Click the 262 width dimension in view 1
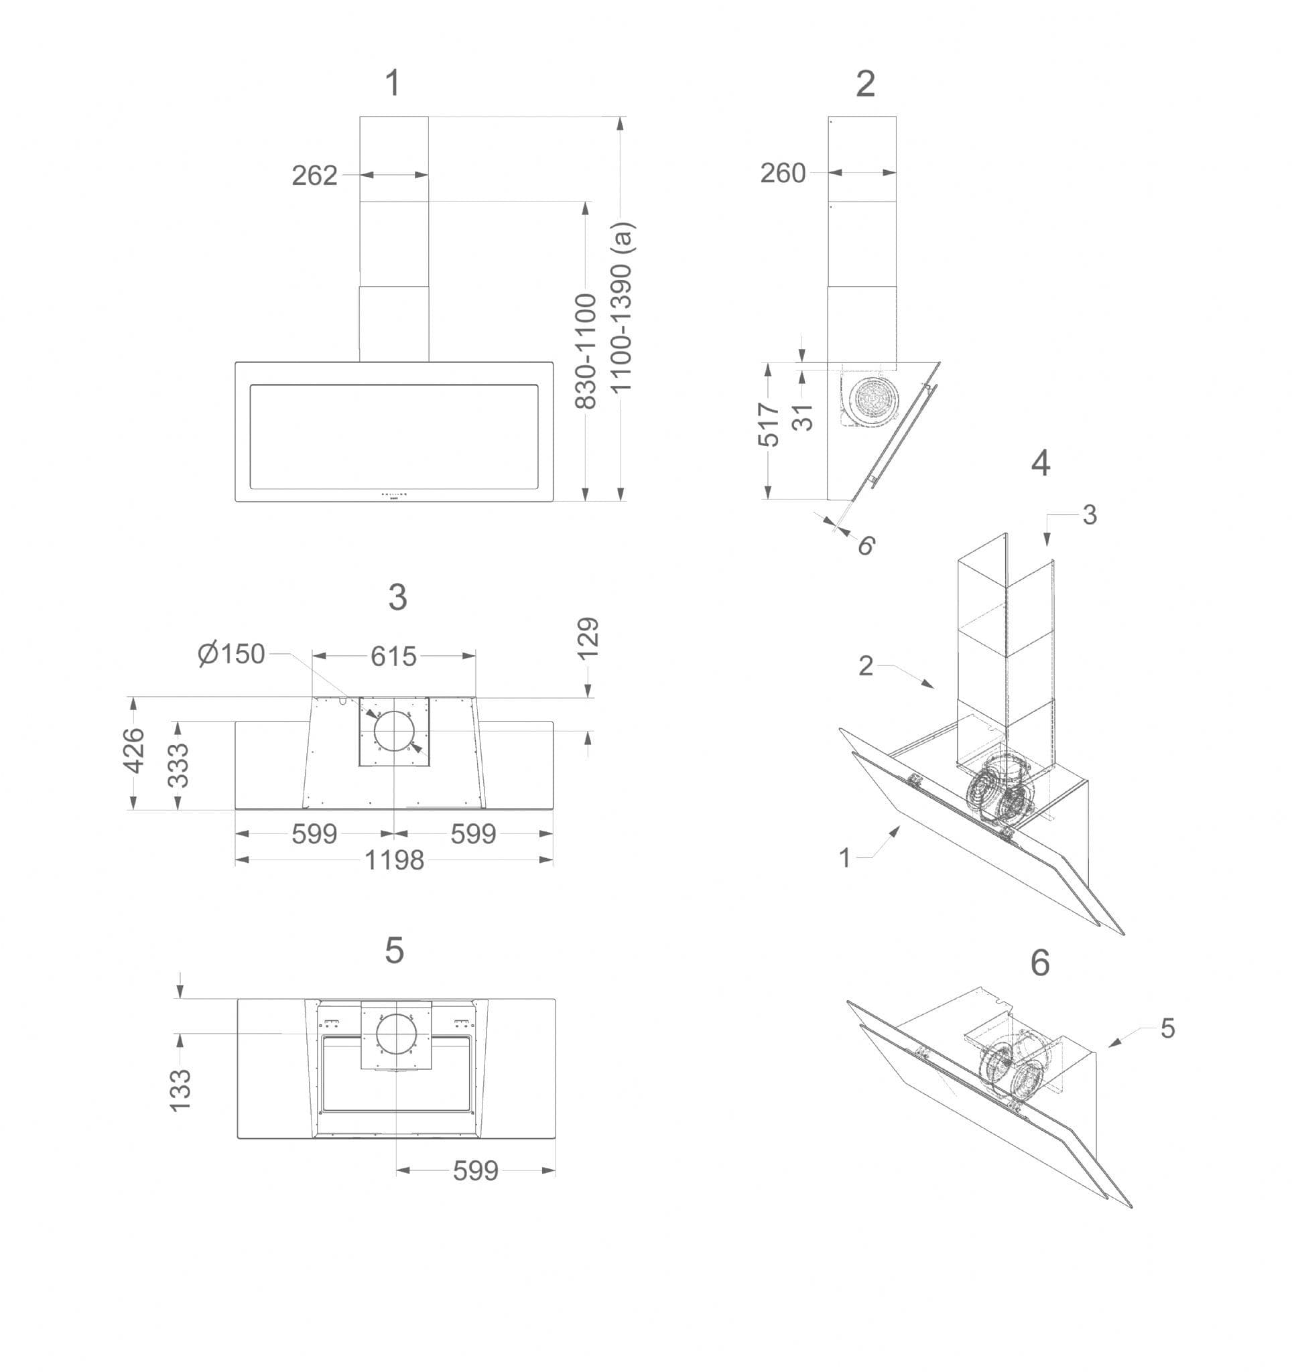click(314, 176)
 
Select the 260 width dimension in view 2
click(783, 173)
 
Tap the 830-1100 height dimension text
click(585, 350)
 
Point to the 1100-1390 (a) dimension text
click(621, 306)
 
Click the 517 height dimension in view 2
click(768, 424)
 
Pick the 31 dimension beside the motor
click(803, 417)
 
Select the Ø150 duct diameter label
click(232, 653)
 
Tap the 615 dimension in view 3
click(393, 656)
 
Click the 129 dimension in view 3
click(587, 638)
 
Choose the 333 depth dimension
click(178, 764)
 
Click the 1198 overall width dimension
click(393, 860)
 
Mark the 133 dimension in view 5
click(180, 1089)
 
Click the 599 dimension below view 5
click(475, 1170)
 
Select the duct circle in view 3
click(393, 731)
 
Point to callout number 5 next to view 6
click(1167, 1028)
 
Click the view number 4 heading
click(1040, 463)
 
